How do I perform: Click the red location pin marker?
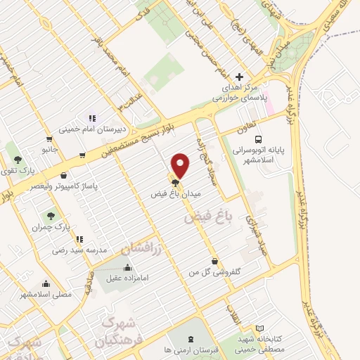pos(181,165)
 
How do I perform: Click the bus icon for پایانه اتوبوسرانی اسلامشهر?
pos(258,140)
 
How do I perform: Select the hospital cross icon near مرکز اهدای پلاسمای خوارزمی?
pos(240,77)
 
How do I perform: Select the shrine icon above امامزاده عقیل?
pos(127,267)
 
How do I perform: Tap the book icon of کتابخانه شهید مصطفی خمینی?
pos(259,328)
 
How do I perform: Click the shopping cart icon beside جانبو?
pos(48,139)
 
